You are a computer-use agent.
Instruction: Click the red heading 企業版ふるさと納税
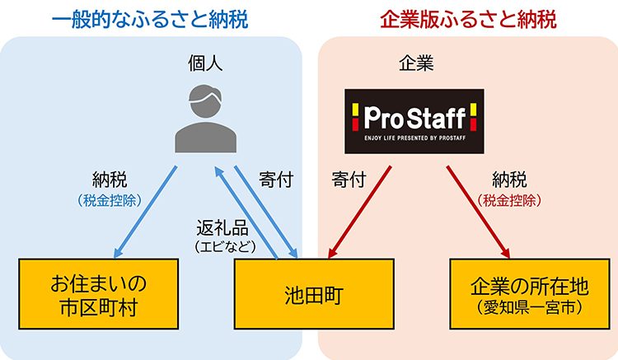pos(468,19)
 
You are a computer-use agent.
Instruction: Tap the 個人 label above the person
pos(204,63)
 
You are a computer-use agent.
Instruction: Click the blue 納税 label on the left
pos(111,179)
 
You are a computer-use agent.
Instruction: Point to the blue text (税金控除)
pos(111,199)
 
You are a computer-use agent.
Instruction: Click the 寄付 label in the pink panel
pos(349,179)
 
